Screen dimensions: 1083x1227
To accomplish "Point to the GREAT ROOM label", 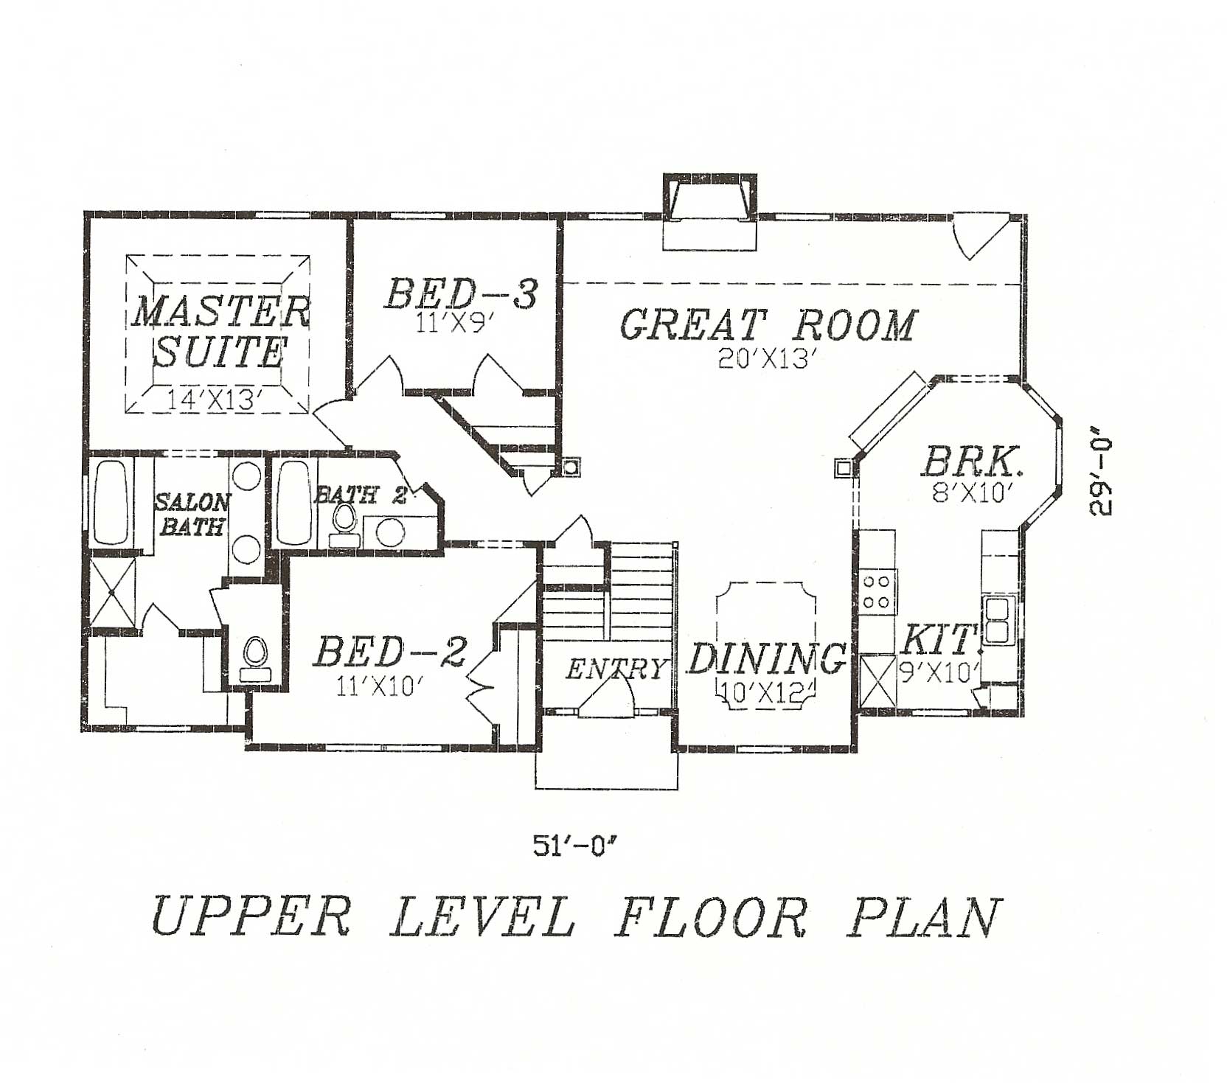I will click(768, 325).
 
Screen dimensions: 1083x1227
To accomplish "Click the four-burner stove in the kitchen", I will click(877, 591).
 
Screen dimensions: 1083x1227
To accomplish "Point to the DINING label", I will click(767, 658).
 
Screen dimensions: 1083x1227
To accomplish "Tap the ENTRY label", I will click(615, 669).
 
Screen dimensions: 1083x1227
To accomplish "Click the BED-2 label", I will click(391, 652).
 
